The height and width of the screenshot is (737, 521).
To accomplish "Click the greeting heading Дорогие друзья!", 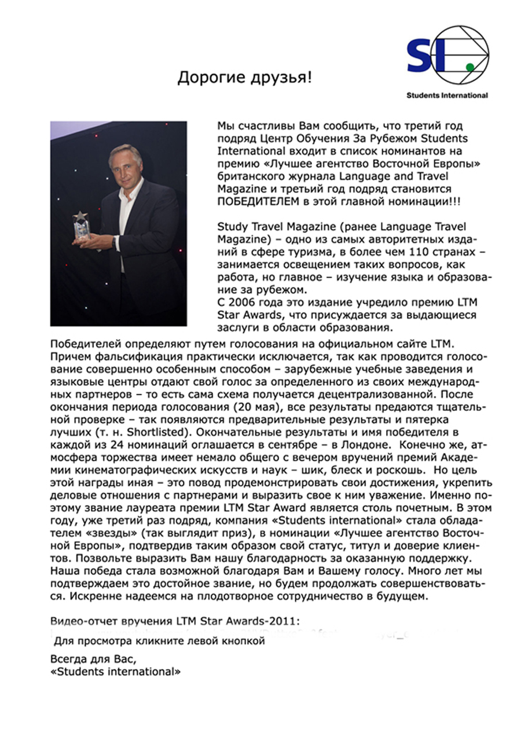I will click(x=244, y=78).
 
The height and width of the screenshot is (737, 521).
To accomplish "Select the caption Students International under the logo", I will click(x=447, y=95).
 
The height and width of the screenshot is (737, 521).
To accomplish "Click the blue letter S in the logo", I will click(x=421, y=56).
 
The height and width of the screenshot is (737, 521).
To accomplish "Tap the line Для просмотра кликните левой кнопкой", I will click(x=159, y=641).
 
